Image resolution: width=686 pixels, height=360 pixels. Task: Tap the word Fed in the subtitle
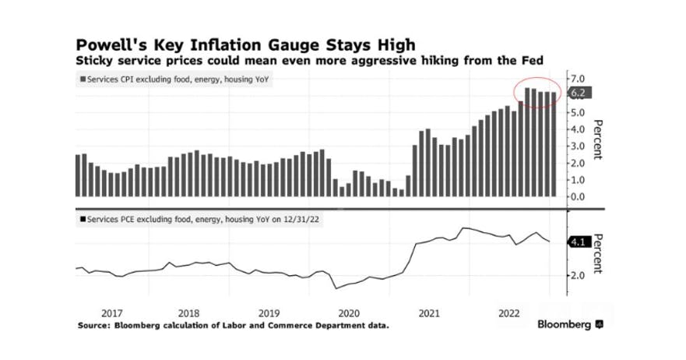pos(533,60)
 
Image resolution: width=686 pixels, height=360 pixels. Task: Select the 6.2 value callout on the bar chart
pos(579,93)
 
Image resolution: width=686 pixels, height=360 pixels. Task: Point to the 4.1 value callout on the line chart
pos(579,242)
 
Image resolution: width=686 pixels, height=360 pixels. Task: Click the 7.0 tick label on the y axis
pos(577,79)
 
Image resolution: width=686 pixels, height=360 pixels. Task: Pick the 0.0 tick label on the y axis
pos(577,196)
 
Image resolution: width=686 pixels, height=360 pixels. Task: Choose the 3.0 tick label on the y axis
pos(577,146)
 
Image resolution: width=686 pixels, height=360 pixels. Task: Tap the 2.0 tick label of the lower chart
pos(577,276)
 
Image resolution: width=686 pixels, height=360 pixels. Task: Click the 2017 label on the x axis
pos(112,313)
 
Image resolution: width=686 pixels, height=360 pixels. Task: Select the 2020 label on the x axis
pos(349,313)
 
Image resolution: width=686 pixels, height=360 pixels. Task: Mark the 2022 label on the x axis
pos(509,313)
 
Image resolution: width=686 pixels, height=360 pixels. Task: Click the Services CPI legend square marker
pos(83,79)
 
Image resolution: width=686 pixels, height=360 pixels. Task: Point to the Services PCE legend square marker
pos(83,219)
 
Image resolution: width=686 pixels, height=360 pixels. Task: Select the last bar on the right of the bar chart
pos(554,144)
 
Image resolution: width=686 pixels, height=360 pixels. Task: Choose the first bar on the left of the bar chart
pos(78,175)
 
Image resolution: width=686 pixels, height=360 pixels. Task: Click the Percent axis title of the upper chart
pos(598,139)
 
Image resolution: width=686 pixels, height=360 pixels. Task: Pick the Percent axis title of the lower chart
pos(598,254)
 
